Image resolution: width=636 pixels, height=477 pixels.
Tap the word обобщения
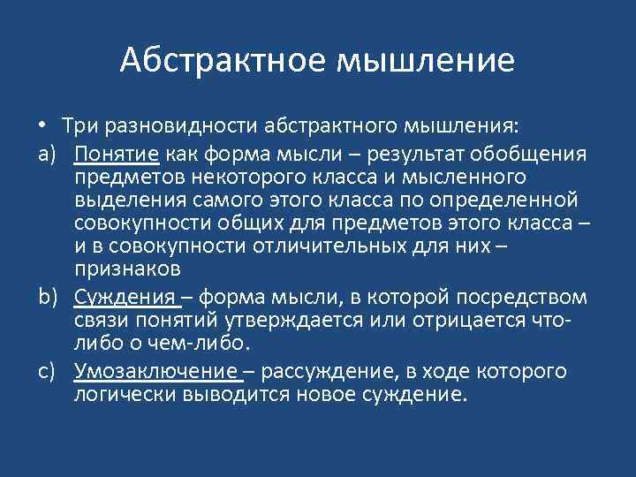coord(534,155)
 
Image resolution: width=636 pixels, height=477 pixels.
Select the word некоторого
coord(234,177)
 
